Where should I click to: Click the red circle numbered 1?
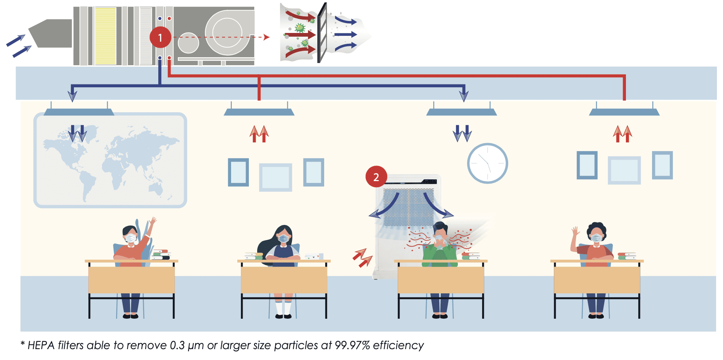pyautogui.click(x=160, y=37)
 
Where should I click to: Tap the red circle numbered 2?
pyautogui.click(x=376, y=177)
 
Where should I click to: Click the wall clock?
pyautogui.click(x=487, y=163)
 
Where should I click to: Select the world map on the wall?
pyautogui.click(x=110, y=160)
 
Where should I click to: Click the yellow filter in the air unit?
pyautogui.click(x=105, y=36)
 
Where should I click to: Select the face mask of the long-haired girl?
pyautogui.click(x=283, y=238)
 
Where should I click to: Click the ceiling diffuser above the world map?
pyautogui.click(x=79, y=112)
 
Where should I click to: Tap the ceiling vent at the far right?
pyautogui.click(x=624, y=112)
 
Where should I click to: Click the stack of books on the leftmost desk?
pyautogui.click(x=161, y=254)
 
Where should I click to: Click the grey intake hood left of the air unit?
pyautogui.click(x=51, y=34)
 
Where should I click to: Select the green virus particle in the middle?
pyautogui.click(x=300, y=28)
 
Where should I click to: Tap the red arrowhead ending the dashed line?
pyautogui.click(x=267, y=37)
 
